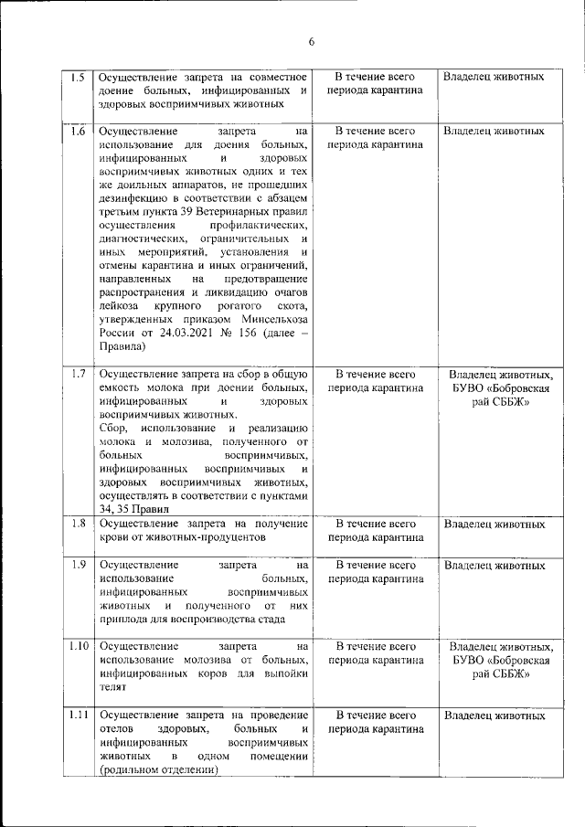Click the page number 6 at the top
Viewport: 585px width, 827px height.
[311, 42]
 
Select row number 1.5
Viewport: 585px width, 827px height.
[78, 77]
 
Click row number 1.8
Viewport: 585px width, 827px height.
[78, 524]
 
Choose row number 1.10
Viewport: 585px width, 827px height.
[78, 646]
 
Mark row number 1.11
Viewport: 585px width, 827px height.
[78, 715]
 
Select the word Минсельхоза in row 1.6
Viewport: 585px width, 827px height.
[275, 319]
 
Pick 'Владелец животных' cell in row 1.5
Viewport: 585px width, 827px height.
[493, 77]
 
